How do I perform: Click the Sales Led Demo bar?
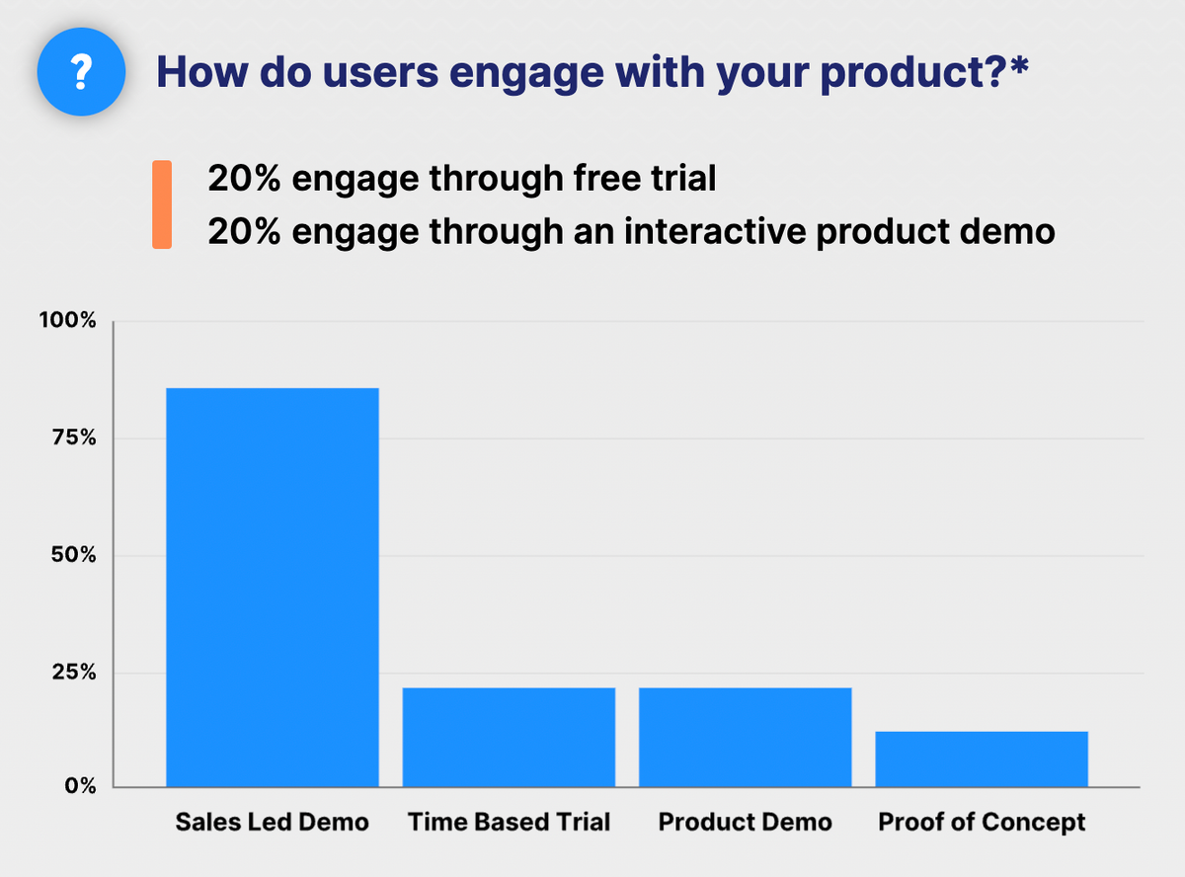click(x=273, y=588)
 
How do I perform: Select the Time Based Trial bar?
click(x=509, y=737)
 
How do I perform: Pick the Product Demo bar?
click(x=746, y=737)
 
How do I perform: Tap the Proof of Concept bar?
click(x=982, y=758)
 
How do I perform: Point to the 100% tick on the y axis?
click(x=67, y=320)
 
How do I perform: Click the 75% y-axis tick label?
click(x=74, y=438)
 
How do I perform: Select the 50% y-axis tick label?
click(x=74, y=555)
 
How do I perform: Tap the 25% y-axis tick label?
click(x=74, y=672)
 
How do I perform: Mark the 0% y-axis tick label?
click(x=80, y=785)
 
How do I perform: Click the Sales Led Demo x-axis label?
click(x=272, y=822)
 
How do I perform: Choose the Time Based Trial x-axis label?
click(x=509, y=822)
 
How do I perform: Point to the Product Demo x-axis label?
click(x=746, y=822)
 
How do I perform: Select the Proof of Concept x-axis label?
click(x=982, y=823)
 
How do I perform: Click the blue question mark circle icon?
click(x=81, y=72)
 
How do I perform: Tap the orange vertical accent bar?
click(x=162, y=204)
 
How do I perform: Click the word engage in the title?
click(x=526, y=75)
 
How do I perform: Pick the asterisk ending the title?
click(x=1018, y=64)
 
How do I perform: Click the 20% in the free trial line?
click(x=244, y=178)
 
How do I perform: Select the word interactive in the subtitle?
click(x=715, y=231)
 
